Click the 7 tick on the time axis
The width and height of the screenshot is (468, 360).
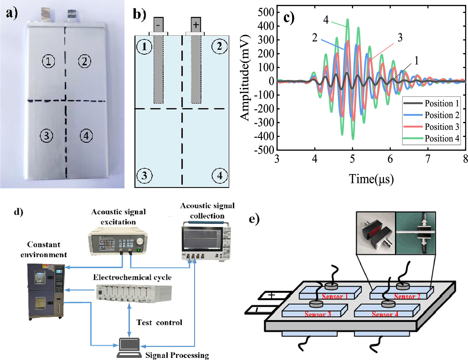click(x=428, y=159)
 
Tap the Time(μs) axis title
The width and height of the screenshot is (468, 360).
click(x=371, y=179)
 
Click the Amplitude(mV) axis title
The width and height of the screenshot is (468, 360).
click(x=245, y=78)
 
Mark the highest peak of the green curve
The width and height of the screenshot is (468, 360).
click(x=347, y=19)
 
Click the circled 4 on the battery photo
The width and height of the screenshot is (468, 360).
click(x=86, y=136)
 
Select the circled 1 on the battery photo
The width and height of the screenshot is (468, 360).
click(x=48, y=61)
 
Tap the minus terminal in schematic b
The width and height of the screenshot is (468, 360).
click(x=158, y=25)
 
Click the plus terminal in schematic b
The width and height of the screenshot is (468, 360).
click(x=196, y=24)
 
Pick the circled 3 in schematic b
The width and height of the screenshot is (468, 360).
click(x=144, y=176)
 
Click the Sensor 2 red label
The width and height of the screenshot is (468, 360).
click(x=407, y=297)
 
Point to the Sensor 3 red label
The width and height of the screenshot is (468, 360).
click(x=318, y=314)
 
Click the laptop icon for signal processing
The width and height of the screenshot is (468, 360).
click(x=129, y=348)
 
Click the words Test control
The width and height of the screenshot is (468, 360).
click(x=159, y=323)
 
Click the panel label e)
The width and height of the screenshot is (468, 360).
click(x=254, y=219)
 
